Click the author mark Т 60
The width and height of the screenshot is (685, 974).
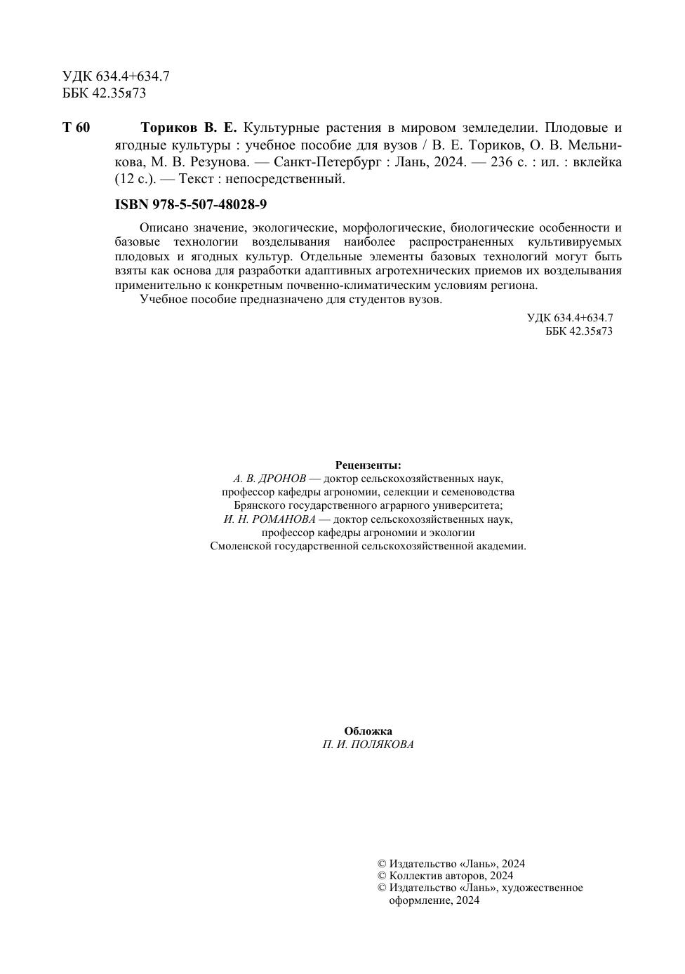coord(77,128)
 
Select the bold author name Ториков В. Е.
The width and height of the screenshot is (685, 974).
coord(189,128)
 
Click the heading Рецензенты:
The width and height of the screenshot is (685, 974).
coord(368,465)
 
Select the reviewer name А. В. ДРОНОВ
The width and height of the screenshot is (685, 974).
coord(270,479)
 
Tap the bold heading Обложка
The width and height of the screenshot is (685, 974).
coord(368,731)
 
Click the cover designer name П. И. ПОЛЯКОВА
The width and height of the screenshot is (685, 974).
coord(368,745)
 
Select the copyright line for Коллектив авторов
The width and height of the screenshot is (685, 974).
coord(445,876)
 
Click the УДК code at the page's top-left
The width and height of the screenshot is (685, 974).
coord(116,76)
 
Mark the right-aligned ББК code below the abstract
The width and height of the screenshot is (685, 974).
coord(578,331)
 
